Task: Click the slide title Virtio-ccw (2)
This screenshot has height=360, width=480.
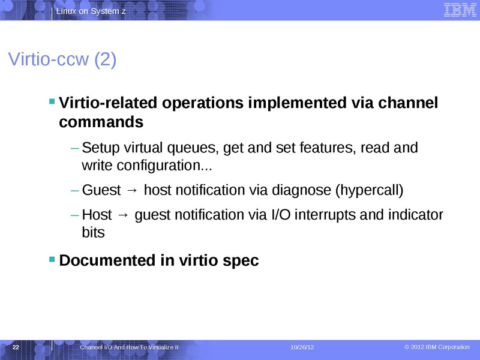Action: [x=62, y=60]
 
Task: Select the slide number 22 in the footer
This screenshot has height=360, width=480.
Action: [x=16, y=348]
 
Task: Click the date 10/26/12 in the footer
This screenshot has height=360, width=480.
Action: [x=302, y=348]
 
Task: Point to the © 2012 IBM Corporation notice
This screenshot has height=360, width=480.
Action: [x=437, y=347]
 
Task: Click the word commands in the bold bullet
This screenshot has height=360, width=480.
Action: [x=101, y=122]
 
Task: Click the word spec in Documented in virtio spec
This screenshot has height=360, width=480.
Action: [x=241, y=261]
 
